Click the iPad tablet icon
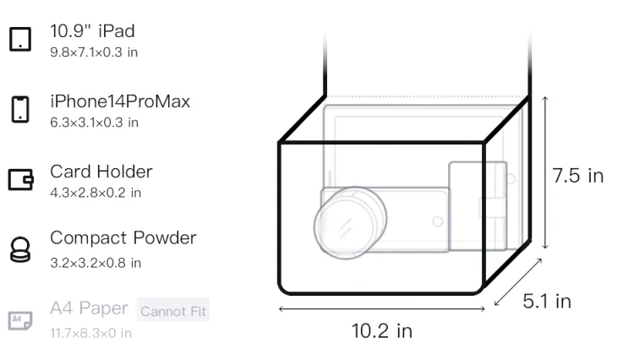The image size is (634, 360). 20,39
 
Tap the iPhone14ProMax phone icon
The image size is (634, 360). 20,109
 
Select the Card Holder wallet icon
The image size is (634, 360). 20,179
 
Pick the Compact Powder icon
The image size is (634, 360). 20,249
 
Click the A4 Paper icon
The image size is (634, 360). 20,320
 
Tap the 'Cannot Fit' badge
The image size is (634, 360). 173,311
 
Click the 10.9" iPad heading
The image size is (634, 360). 92,31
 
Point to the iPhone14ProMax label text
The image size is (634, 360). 120,101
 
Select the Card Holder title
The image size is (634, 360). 101,172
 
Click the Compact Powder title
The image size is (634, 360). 123,238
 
